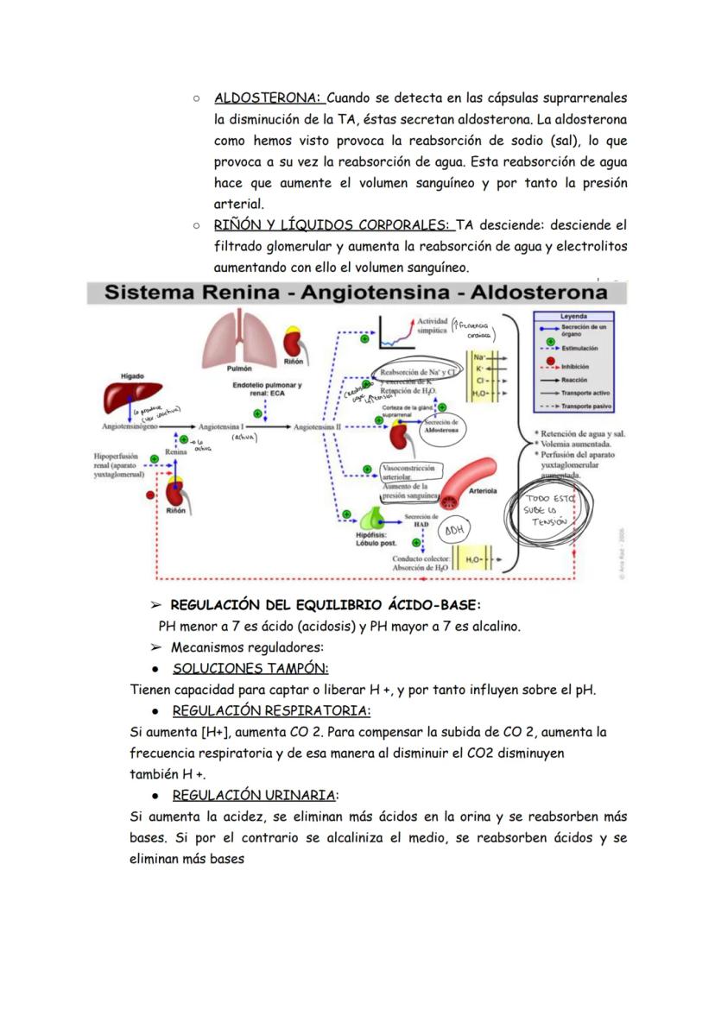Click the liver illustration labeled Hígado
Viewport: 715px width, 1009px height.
(128, 396)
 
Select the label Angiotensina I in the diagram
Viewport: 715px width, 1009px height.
(221, 426)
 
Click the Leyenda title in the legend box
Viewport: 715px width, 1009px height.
(573, 316)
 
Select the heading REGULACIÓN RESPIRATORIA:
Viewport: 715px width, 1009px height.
(271, 710)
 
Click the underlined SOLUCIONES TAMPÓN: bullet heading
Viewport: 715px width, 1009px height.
(250, 668)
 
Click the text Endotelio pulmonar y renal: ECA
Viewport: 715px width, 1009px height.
(266, 390)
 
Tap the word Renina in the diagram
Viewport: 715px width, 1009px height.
(176, 451)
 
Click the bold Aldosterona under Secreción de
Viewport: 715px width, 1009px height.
(441, 429)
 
